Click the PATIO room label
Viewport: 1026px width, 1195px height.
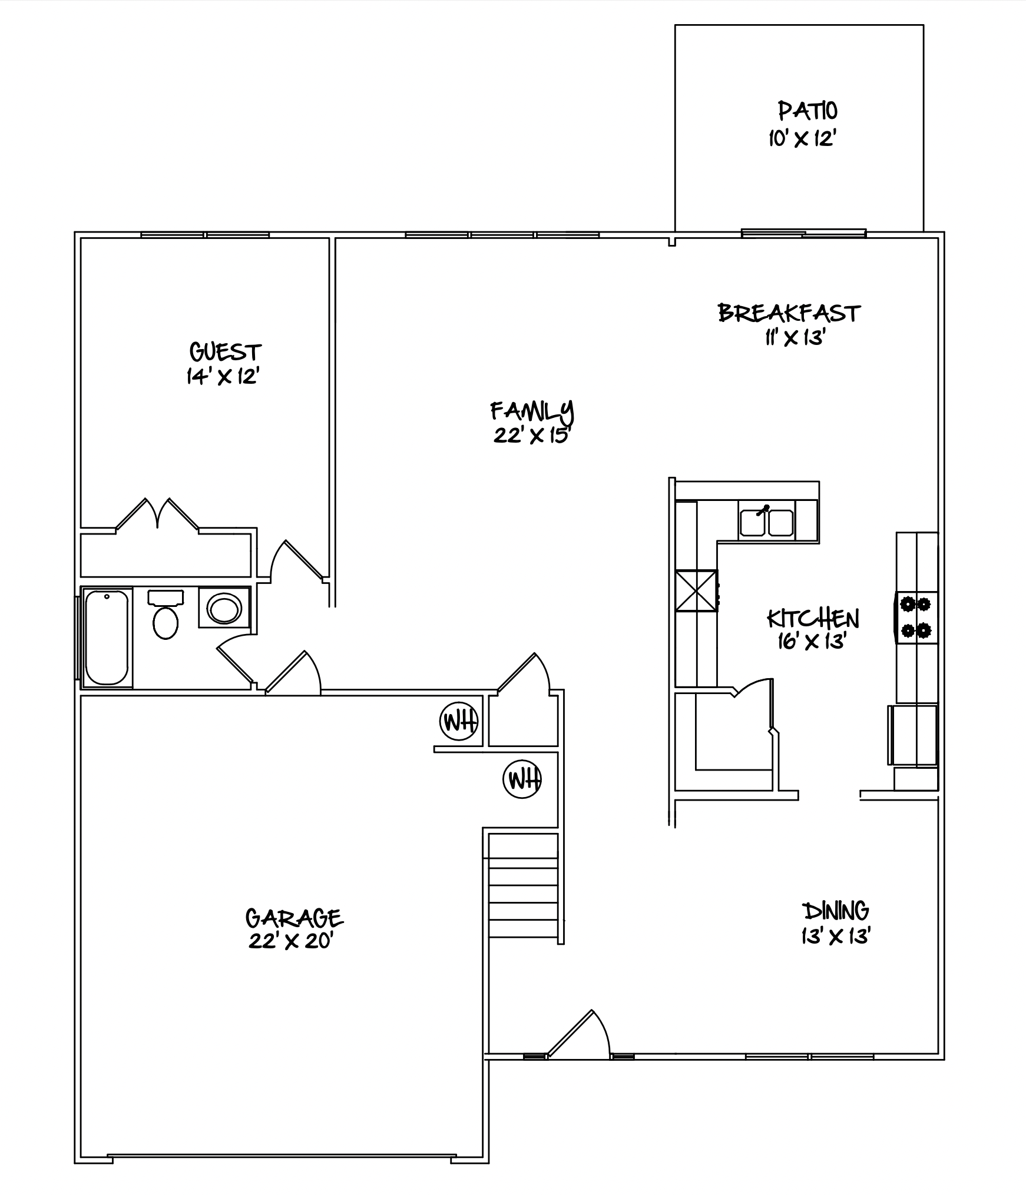coord(807,111)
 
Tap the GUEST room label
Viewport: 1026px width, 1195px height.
coord(225,352)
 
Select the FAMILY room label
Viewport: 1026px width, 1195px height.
coord(532,411)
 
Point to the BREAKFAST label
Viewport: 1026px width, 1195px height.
coord(789,313)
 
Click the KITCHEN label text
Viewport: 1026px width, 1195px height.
coord(813,618)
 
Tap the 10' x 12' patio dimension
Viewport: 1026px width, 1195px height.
coord(803,139)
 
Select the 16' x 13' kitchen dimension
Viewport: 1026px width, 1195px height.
coord(812,641)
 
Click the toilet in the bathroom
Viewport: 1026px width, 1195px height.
coord(166,615)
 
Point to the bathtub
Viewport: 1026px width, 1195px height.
coord(107,638)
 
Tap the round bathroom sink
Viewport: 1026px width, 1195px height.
coord(224,608)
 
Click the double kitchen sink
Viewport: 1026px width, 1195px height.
coord(766,522)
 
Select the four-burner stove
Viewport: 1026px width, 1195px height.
coord(916,618)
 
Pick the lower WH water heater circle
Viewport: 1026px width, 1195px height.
coord(522,779)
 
